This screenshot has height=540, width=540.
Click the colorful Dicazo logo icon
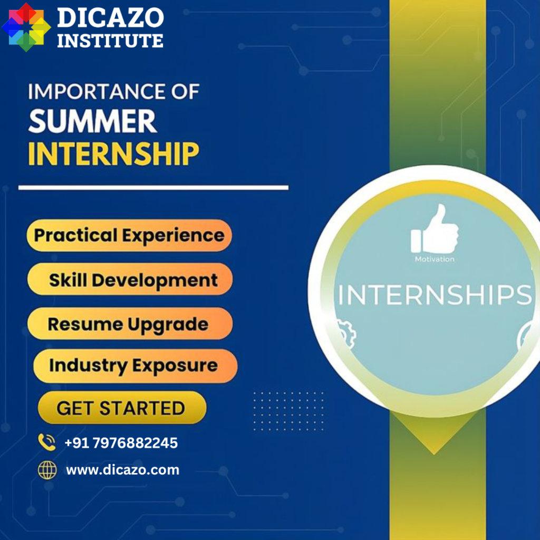coord(26,27)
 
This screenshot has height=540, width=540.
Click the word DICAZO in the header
coord(110,17)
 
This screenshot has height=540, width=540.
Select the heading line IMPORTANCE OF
coord(114,92)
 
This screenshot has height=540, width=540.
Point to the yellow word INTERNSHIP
coord(114,153)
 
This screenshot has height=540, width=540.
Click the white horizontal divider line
coord(153,188)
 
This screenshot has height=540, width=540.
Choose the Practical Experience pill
coord(129,236)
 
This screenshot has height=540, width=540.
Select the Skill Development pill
coord(130,279)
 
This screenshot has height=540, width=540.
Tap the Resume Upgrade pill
coord(130,324)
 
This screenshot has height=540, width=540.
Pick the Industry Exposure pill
coord(136,366)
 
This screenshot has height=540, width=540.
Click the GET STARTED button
coord(122,408)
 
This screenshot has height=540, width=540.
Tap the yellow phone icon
coord(47,442)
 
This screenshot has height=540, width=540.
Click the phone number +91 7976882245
coord(121,443)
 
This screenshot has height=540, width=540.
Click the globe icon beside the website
coord(47,470)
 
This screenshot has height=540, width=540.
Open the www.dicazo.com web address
coord(122,470)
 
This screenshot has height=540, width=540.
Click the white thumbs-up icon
coord(435,229)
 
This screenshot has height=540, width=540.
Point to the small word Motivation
coord(435,259)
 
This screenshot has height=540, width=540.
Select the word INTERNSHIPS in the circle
coord(435,295)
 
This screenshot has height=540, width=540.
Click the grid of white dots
coord(288,411)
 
